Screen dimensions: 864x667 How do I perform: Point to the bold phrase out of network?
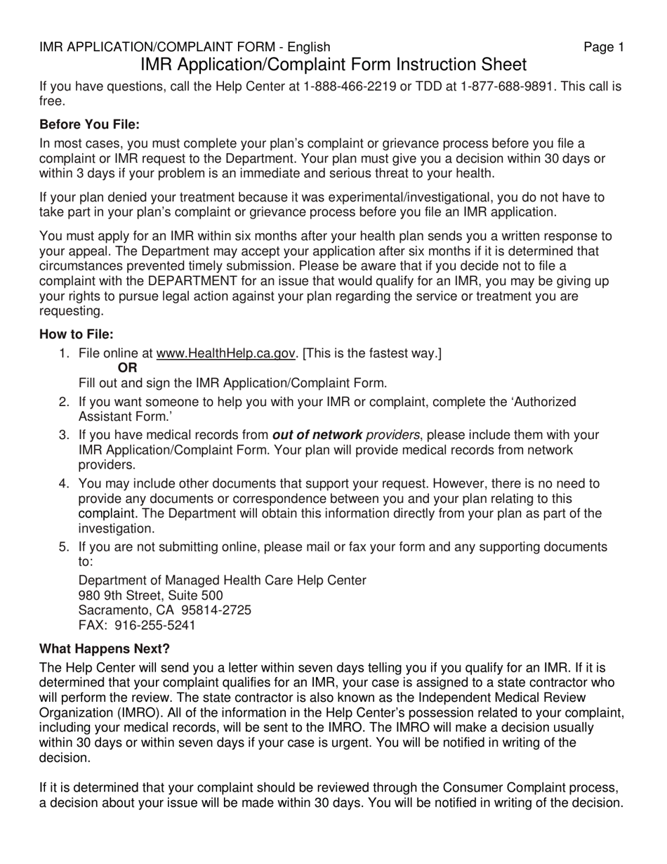pyautogui.click(x=317, y=435)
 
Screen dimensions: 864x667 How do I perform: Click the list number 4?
pyautogui.click(x=65, y=483)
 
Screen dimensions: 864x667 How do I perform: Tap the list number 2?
pyautogui.click(x=65, y=402)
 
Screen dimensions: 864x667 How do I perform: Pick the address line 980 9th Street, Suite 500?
pyautogui.click(x=150, y=596)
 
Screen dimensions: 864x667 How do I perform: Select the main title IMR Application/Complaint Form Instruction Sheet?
pyautogui.click(x=333, y=65)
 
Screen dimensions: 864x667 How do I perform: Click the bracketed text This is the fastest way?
pyautogui.click(x=372, y=353)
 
